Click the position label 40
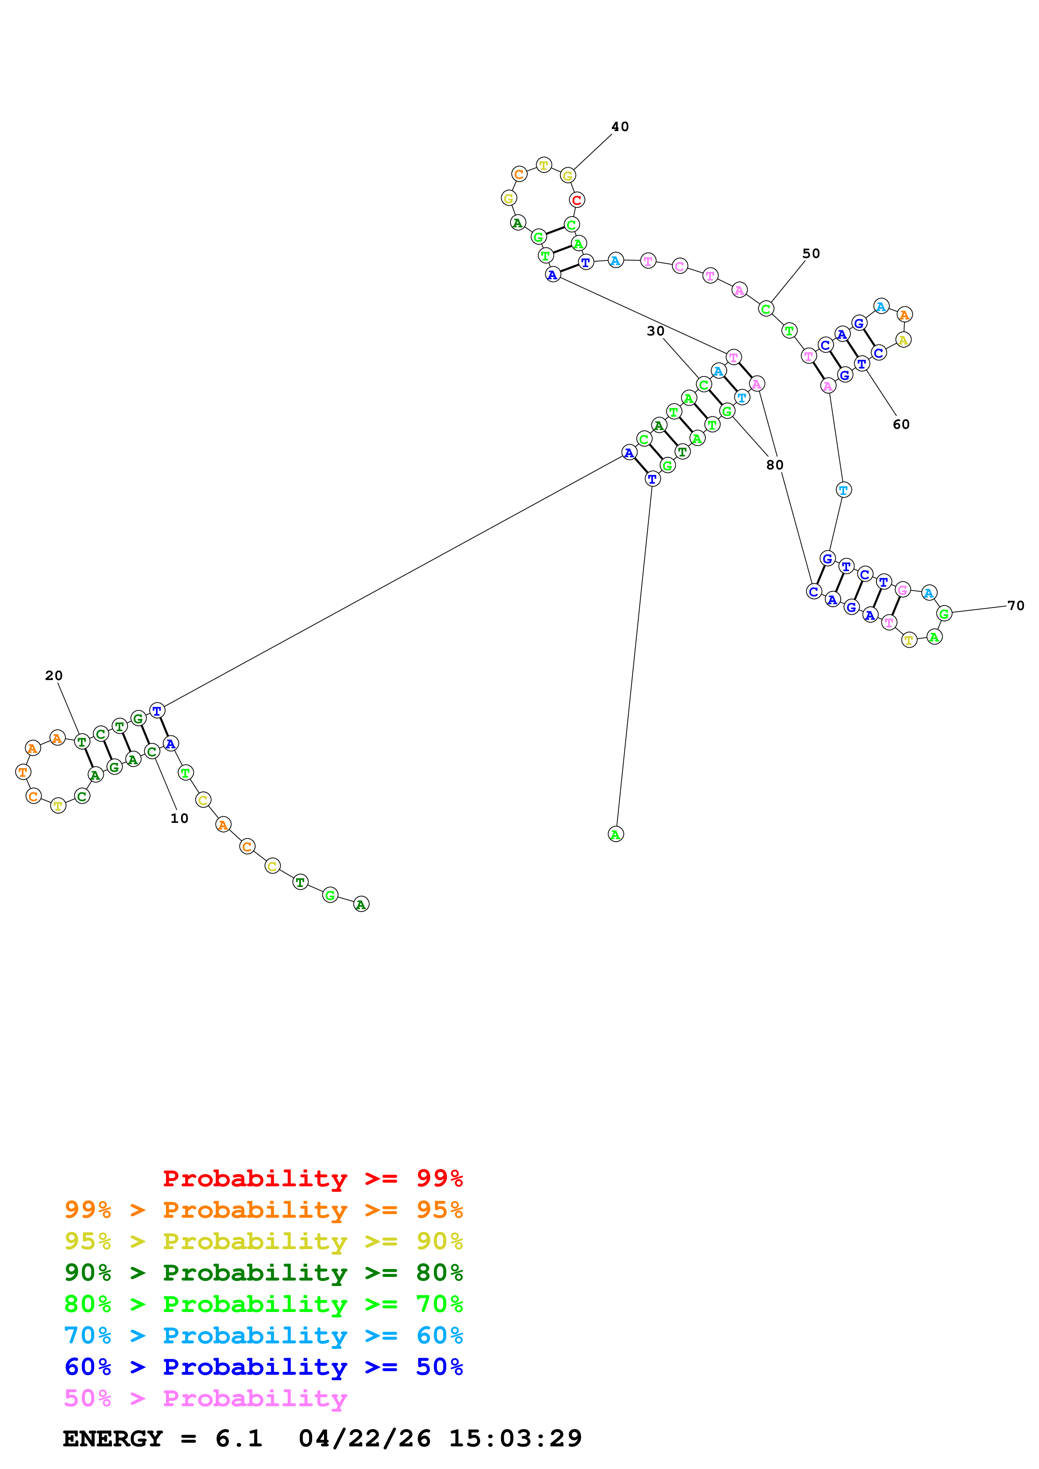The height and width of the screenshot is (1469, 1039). point(620,127)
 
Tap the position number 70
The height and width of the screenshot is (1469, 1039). point(1015,605)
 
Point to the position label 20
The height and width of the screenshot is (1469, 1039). point(54,675)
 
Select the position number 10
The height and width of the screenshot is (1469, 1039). point(179,818)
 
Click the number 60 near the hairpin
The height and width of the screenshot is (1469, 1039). point(901,424)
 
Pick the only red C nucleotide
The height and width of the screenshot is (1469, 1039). point(577,200)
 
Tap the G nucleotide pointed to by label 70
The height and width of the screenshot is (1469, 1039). point(943,613)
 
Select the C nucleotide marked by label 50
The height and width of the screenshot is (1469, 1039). point(766,309)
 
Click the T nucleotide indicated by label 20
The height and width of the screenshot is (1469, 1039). point(81,742)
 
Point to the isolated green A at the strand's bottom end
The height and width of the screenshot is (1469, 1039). point(615,834)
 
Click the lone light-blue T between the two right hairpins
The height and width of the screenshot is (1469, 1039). point(844,490)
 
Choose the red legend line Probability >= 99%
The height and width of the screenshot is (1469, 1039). point(312,1178)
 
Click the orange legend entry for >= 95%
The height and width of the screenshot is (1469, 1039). point(263,1209)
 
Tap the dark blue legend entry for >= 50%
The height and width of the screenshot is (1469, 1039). point(263,1367)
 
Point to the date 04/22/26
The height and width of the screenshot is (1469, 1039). point(364,1438)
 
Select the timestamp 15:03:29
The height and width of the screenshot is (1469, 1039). point(516,1438)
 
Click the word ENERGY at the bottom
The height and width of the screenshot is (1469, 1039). point(113,1438)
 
